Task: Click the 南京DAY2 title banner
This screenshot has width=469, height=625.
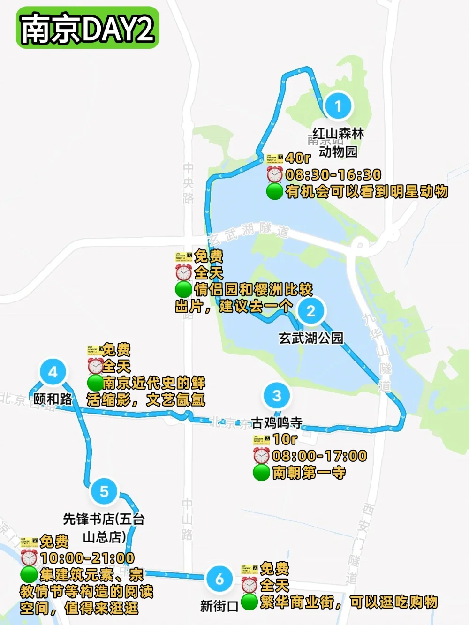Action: pos(88,28)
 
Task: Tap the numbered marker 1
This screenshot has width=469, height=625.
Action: pos(338,105)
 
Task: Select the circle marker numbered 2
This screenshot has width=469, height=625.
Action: pos(310,311)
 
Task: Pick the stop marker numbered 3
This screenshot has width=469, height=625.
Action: pos(277,395)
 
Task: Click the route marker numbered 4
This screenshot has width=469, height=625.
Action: pos(53,372)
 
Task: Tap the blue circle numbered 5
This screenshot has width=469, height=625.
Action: pos(104,491)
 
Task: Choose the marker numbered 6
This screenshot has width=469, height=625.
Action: pos(219,579)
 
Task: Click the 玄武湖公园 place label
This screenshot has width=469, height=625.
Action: pos(311,338)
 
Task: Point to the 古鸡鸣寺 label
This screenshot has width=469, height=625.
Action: pos(277,422)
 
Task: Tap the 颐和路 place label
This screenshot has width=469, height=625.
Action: pos(53,399)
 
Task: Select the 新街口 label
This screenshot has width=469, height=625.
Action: pos(219,606)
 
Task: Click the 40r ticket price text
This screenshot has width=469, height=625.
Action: pos(298,158)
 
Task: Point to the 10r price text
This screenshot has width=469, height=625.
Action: pos(285,439)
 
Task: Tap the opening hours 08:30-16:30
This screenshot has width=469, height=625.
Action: pos(333,175)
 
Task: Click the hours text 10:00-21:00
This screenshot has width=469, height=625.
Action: pos(87,558)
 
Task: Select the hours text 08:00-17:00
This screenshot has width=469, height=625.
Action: pos(319,456)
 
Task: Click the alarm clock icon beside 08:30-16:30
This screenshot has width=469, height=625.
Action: pos(275,174)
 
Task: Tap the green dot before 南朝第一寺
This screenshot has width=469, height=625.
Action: pos(261,473)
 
